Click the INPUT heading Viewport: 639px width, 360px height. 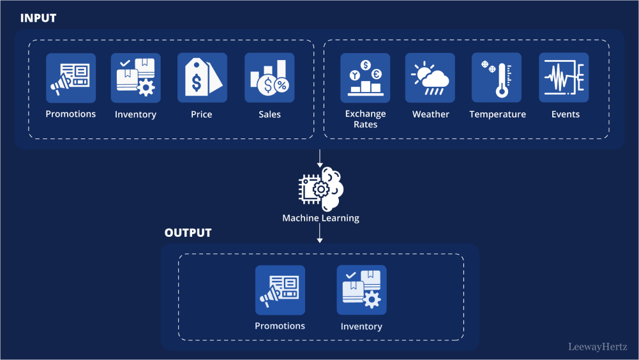pyautogui.click(x=38, y=18)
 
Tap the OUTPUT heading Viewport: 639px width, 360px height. pyautogui.click(x=188, y=232)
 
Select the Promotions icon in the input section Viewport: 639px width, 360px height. pyautogui.click(x=71, y=78)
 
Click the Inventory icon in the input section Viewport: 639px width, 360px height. pyautogui.click(x=135, y=78)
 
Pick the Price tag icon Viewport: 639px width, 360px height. pyautogui.click(x=202, y=78)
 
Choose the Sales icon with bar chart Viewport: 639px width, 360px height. pyautogui.click(x=269, y=78)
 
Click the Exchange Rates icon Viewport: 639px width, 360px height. pyautogui.click(x=365, y=78)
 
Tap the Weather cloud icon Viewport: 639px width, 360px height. pyautogui.click(x=430, y=78)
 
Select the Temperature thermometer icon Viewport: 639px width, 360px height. pyautogui.click(x=497, y=78)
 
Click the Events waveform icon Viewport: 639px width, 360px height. pyautogui.click(x=564, y=78)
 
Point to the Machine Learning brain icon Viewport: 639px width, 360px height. pyautogui.click(x=321, y=189)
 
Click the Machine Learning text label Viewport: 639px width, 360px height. pyautogui.click(x=320, y=218)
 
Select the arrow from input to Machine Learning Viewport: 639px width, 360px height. pyautogui.click(x=320, y=158)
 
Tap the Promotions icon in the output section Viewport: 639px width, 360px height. pyautogui.click(x=280, y=290)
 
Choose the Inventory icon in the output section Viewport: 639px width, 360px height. pyautogui.click(x=361, y=290)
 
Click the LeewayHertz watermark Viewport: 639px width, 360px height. pyautogui.click(x=598, y=347)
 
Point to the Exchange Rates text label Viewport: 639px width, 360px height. pyautogui.click(x=365, y=119)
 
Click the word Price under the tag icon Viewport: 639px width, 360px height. pyautogui.click(x=201, y=114)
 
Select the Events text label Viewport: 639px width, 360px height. pyautogui.click(x=566, y=114)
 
